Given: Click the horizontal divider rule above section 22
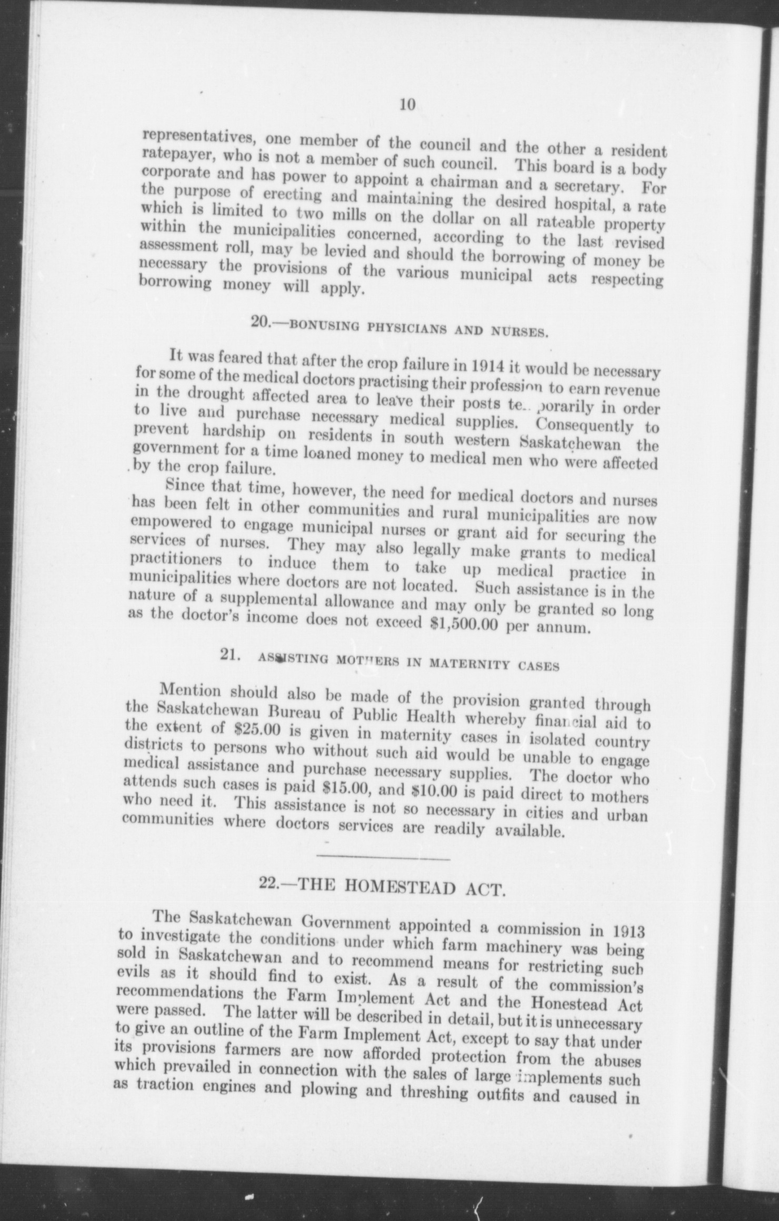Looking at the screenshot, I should (x=383, y=859).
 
